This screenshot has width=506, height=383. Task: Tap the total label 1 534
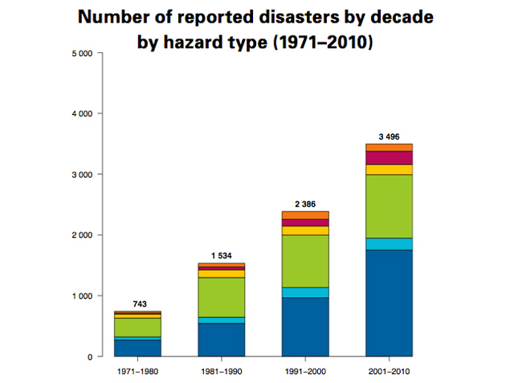tap(221, 255)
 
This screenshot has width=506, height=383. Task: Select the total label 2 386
tap(305, 204)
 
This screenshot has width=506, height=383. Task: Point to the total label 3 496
tap(389, 136)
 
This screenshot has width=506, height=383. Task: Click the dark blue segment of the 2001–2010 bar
tap(389, 303)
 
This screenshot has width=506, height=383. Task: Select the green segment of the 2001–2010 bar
tap(389, 206)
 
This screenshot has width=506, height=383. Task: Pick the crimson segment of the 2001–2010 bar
tap(389, 157)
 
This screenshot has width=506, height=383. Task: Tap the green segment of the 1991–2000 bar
tap(305, 261)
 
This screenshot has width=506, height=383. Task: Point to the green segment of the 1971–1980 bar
tap(137, 328)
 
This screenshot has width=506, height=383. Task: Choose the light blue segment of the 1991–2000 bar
tap(305, 292)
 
